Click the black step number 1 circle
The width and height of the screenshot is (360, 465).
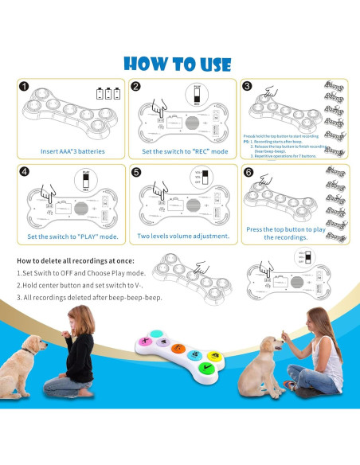(x=24, y=88)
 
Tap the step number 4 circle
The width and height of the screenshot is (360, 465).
(x=24, y=170)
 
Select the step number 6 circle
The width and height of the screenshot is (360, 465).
(x=248, y=170)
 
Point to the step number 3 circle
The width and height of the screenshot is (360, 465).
(x=248, y=87)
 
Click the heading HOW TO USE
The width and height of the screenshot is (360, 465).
(x=179, y=63)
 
